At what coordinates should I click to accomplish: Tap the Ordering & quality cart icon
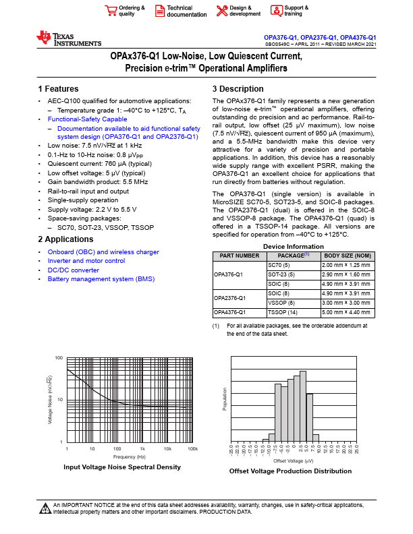[x=110, y=10]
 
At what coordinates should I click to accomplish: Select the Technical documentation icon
[x=160, y=10]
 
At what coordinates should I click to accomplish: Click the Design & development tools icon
[x=221, y=10]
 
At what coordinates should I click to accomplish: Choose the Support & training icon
[x=276, y=10]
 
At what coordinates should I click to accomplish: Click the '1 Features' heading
[x=58, y=89]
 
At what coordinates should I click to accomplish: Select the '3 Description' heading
[x=238, y=89]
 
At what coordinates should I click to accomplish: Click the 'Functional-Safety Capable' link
[x=87, y=119]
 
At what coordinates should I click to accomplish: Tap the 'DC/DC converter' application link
[x=73, y=270]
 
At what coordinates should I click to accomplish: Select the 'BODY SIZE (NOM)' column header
[x=348, y=256]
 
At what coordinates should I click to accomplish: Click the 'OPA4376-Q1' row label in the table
[x=229, y=312]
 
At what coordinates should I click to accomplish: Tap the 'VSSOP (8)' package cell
[x=281, y=303]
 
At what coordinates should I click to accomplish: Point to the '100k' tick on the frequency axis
[x=192, y=448]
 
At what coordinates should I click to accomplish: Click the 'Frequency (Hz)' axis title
[x=130, y=456]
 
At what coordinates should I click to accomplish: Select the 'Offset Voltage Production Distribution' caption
[x=290, y=471]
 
